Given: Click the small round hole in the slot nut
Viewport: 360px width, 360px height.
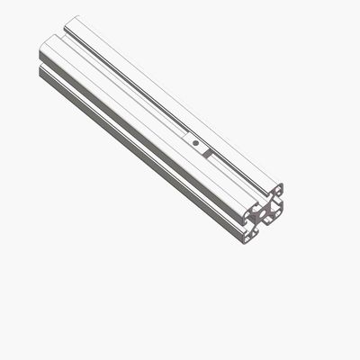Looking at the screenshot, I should pos(195,141).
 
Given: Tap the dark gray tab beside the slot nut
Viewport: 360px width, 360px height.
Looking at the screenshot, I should pos(207,153).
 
